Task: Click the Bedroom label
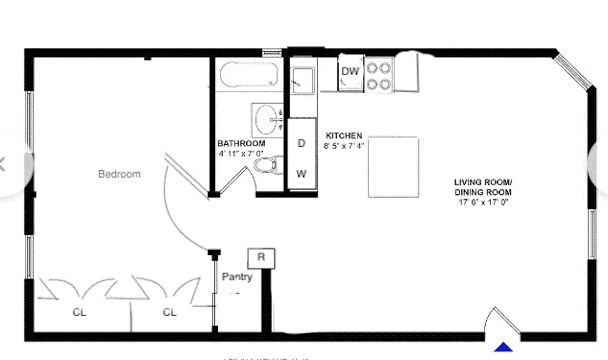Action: pos(119,174)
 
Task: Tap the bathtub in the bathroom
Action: pos(249,75)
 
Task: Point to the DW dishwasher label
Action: pos(350,71)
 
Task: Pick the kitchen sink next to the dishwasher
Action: pos(302,81)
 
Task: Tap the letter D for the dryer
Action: pos(301,143)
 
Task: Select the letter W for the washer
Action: pos(301,174)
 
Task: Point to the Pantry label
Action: pos(237,276)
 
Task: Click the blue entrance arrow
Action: pos(503,347)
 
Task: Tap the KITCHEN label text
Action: pos(344,136)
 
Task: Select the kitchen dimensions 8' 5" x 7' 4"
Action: pos(344,146)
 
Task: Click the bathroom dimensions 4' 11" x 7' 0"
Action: pos(241,154)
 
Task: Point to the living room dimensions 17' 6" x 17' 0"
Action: pos(483,202)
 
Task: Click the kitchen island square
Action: pos(393,167)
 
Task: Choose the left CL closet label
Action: pos(79,312)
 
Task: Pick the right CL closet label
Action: pos(170,312)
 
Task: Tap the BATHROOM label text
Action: pos(241,144)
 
